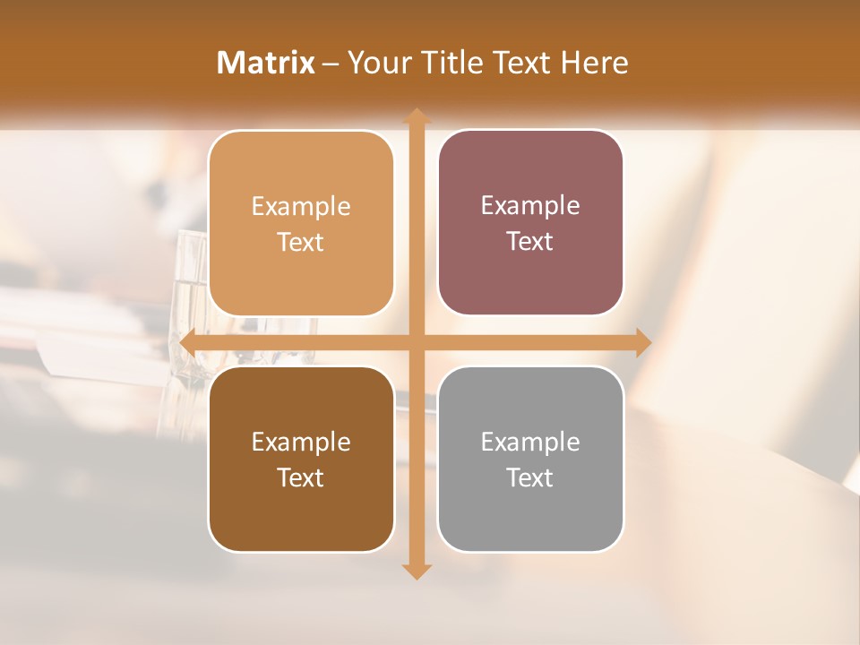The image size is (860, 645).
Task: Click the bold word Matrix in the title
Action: point(266,63)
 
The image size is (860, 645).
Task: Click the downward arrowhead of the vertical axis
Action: point(416,571)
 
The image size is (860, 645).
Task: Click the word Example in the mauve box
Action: point(530,206)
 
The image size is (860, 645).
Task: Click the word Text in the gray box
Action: point(530,477)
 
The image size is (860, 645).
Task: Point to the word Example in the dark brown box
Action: point(301,443)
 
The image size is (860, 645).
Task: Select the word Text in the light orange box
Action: point(301,242)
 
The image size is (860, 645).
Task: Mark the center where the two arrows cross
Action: point(416,342)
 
